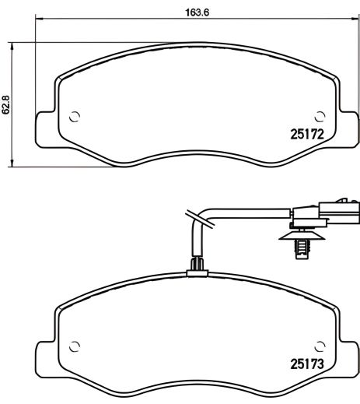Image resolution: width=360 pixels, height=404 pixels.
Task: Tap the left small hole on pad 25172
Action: click(75, 118)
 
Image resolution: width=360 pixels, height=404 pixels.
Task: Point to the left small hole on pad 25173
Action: click(75, 346)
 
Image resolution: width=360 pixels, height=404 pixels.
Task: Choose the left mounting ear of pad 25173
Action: click(45, 354)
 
